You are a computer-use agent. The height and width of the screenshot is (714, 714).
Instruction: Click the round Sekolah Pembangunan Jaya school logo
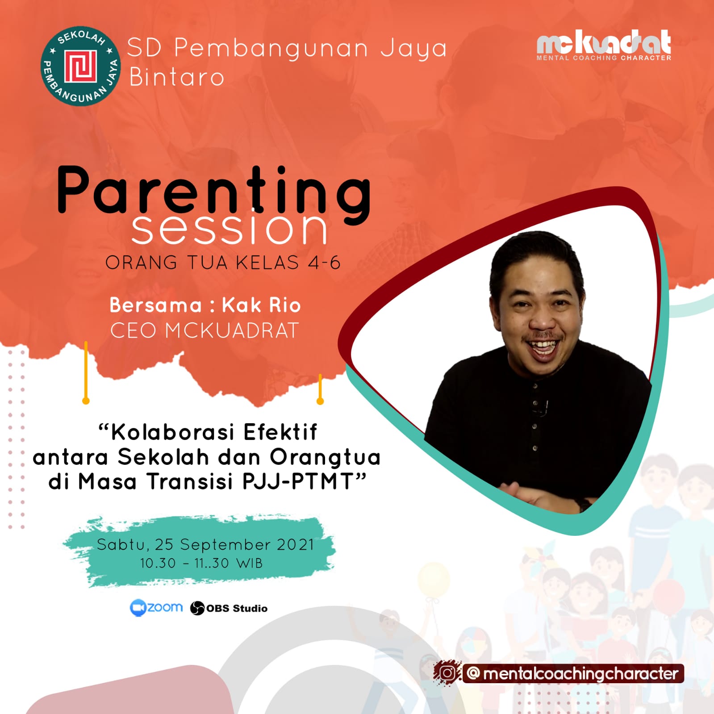[x=80, y=66]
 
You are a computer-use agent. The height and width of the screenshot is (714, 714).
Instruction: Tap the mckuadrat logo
[x=604, y=45]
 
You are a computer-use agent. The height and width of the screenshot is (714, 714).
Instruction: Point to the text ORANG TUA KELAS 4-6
[x=223, y=263]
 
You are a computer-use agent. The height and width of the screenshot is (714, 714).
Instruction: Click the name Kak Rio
[x=261, y=305]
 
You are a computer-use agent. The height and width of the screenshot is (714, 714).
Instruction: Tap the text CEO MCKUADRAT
[x=205, y=331]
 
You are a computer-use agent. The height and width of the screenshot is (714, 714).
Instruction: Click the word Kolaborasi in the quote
[x=172, y=432]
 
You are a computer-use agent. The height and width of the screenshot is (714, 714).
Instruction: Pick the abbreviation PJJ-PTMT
[x=298, y=482]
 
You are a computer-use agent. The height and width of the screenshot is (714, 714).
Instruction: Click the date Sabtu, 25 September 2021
[x=205, y=545]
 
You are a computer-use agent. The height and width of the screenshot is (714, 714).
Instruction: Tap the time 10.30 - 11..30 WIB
[x=201, y=563]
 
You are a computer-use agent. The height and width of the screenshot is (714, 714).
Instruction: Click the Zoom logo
[x=156, y=608]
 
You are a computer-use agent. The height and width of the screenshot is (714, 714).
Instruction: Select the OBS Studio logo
[x=229, y=608]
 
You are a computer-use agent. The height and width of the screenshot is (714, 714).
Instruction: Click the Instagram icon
[x=448, y=673]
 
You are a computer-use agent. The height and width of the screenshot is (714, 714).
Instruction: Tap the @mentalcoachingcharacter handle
[x=573, y=673]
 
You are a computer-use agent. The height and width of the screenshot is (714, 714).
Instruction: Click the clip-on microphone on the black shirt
[x=542, y=408]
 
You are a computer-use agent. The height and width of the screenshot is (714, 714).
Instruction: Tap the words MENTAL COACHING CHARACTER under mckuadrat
[x=604, y=58]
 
